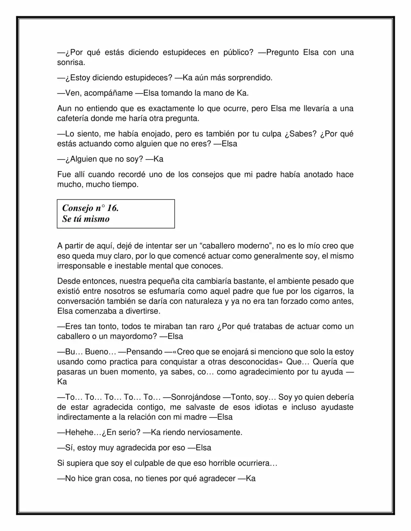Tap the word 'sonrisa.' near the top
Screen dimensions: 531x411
pos(71,63)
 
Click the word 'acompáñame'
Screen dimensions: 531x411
pos(99,93)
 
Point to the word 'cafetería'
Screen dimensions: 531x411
pos(73,118)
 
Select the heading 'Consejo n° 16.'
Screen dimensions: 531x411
pos(91,208)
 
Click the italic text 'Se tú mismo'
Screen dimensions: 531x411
pos(86,219)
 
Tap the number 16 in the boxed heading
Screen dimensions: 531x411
pos(112,208)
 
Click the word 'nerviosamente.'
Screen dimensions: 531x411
pos(214,432)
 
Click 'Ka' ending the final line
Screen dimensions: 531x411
pos(250,478)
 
